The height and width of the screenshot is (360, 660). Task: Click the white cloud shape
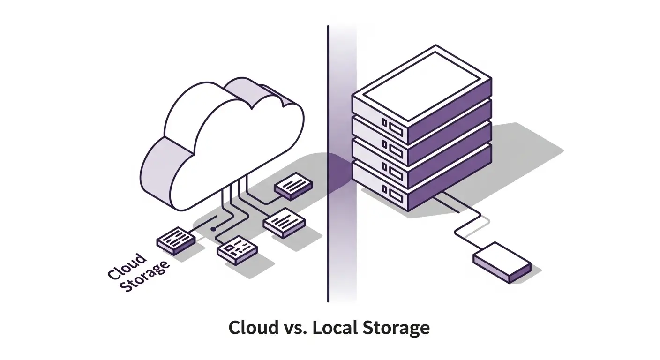tap(220, 141)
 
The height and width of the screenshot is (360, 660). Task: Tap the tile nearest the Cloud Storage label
tap(174, 240)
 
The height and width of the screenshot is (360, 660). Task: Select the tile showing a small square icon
tap(237, 247)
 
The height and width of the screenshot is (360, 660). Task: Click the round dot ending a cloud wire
tap(213, 229)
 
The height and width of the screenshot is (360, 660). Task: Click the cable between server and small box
tap(469, 220)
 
